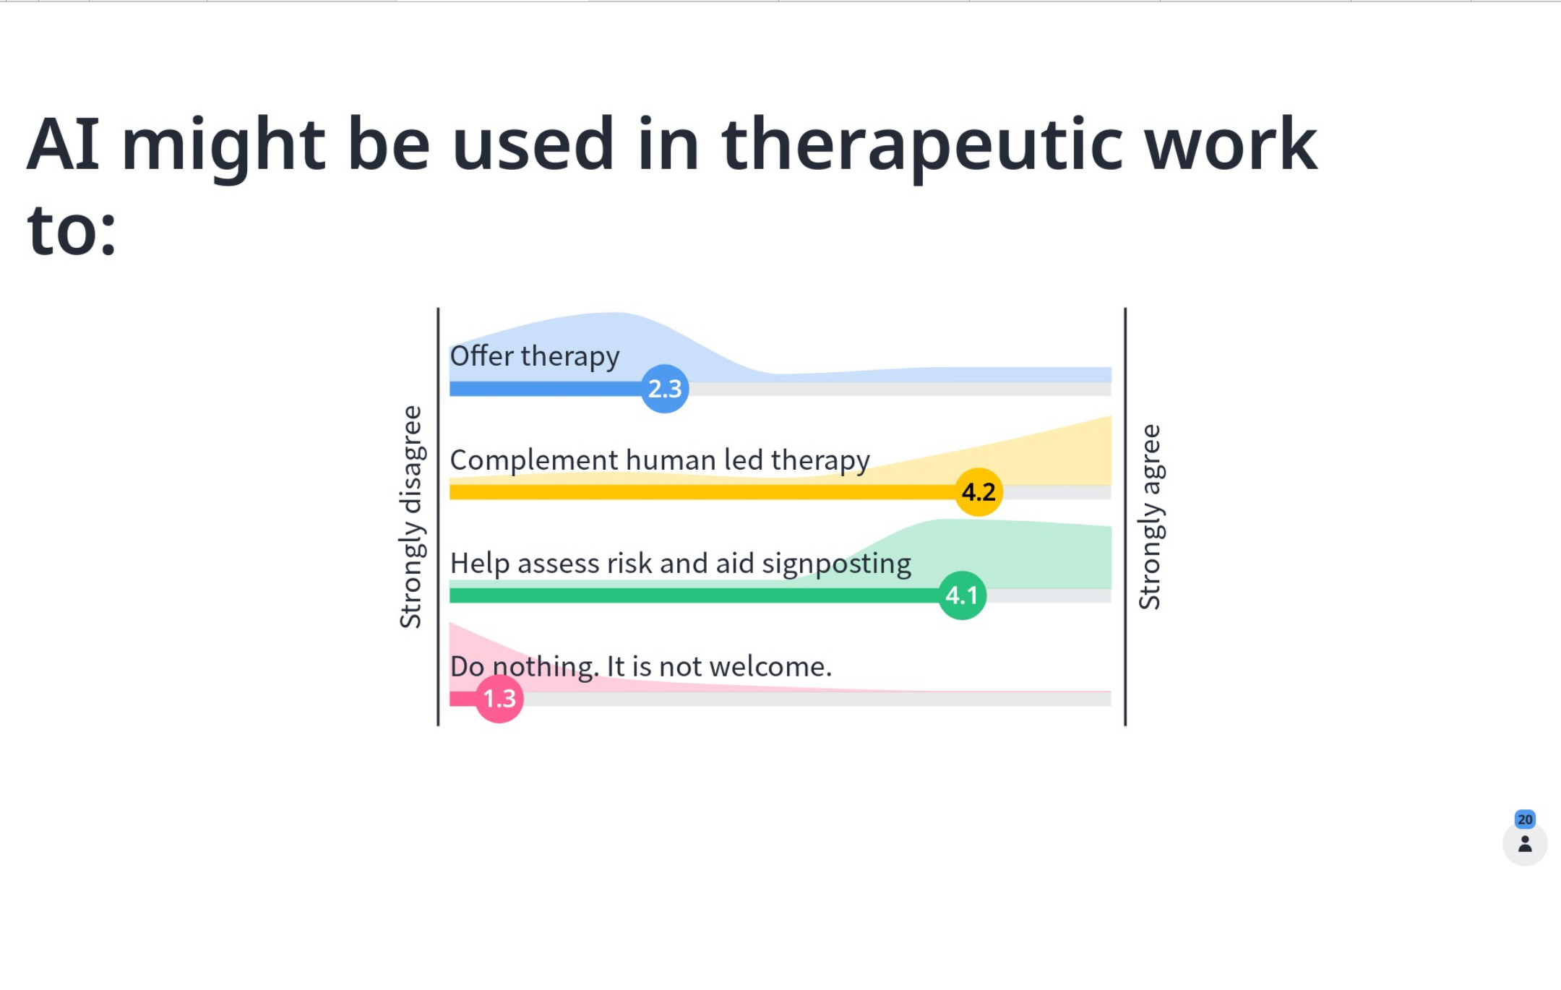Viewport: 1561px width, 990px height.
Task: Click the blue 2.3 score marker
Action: coord(665,389)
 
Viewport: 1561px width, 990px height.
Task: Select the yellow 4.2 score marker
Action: coord(979,492)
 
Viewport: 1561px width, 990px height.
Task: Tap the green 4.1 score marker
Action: coord(962,595)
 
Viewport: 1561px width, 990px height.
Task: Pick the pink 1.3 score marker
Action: coord(499,699)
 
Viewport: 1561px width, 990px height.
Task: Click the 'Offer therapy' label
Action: coord(535,356)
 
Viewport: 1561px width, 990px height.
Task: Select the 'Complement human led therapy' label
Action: coord(660,460)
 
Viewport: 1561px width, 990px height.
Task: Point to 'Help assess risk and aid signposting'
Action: coord(680,564)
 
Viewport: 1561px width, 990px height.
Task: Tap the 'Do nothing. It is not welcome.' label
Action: coord(640,667)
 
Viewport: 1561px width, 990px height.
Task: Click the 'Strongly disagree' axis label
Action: coord(410,517)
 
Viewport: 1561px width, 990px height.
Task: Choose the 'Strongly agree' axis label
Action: coord(1150,517)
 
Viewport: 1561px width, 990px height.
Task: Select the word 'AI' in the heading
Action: coord(64,144)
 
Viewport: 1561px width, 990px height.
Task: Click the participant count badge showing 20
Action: coord(1525,819)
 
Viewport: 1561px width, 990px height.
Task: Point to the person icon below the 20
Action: coord(1525,843)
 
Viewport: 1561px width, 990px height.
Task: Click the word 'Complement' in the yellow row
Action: coord(534,460)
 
